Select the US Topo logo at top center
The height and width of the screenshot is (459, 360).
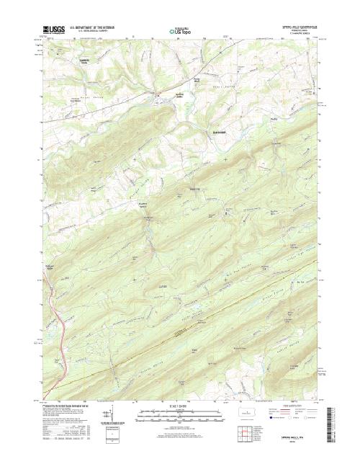[180, 31]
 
